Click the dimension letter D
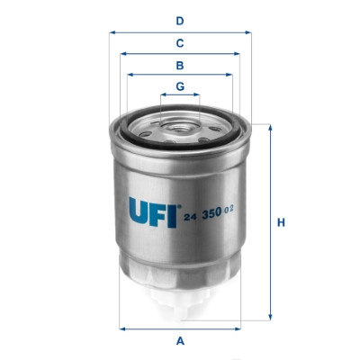180,20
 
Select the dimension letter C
180,42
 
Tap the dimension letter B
180,65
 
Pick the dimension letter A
180,340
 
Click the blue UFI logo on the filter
152,213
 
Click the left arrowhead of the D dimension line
112,31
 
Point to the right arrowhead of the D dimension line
249,31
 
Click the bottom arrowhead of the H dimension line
267,318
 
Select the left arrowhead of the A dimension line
121,327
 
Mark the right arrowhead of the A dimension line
240,327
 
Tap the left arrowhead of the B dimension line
129,75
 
